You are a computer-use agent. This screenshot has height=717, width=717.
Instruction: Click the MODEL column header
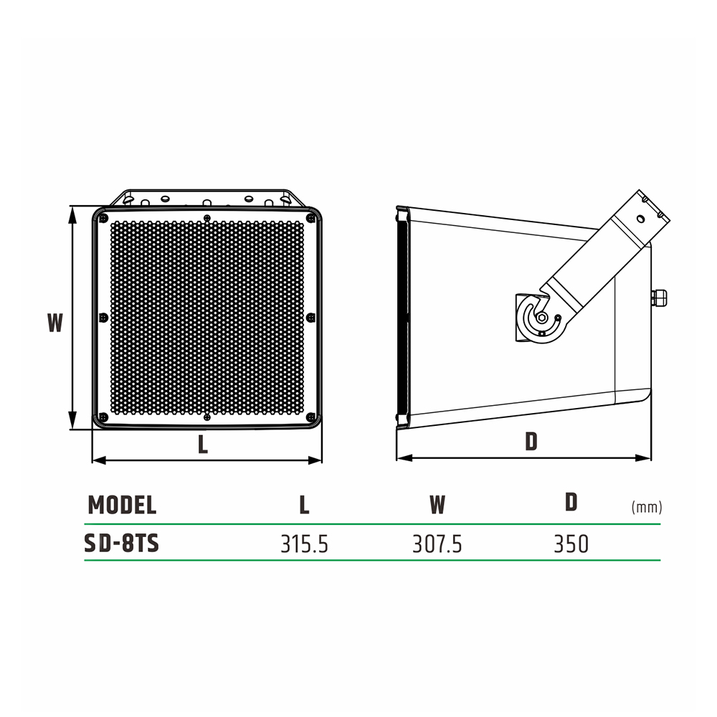[122, 505]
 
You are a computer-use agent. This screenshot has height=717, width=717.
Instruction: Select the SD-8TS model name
[122, 543]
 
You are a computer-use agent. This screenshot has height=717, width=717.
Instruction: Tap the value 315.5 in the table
[304, 544]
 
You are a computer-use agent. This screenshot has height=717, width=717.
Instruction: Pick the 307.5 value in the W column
[437, 544]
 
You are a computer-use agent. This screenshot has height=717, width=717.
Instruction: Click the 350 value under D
[571, 544]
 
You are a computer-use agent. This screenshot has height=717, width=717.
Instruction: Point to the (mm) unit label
[647, 507]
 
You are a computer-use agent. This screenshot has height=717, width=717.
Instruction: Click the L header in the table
[304, 505]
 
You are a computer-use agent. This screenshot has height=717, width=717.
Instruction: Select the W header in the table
[437, 505]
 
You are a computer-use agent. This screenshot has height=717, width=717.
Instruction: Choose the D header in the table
[571, 502]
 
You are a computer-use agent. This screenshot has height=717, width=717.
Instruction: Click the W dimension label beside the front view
[55, 323]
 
